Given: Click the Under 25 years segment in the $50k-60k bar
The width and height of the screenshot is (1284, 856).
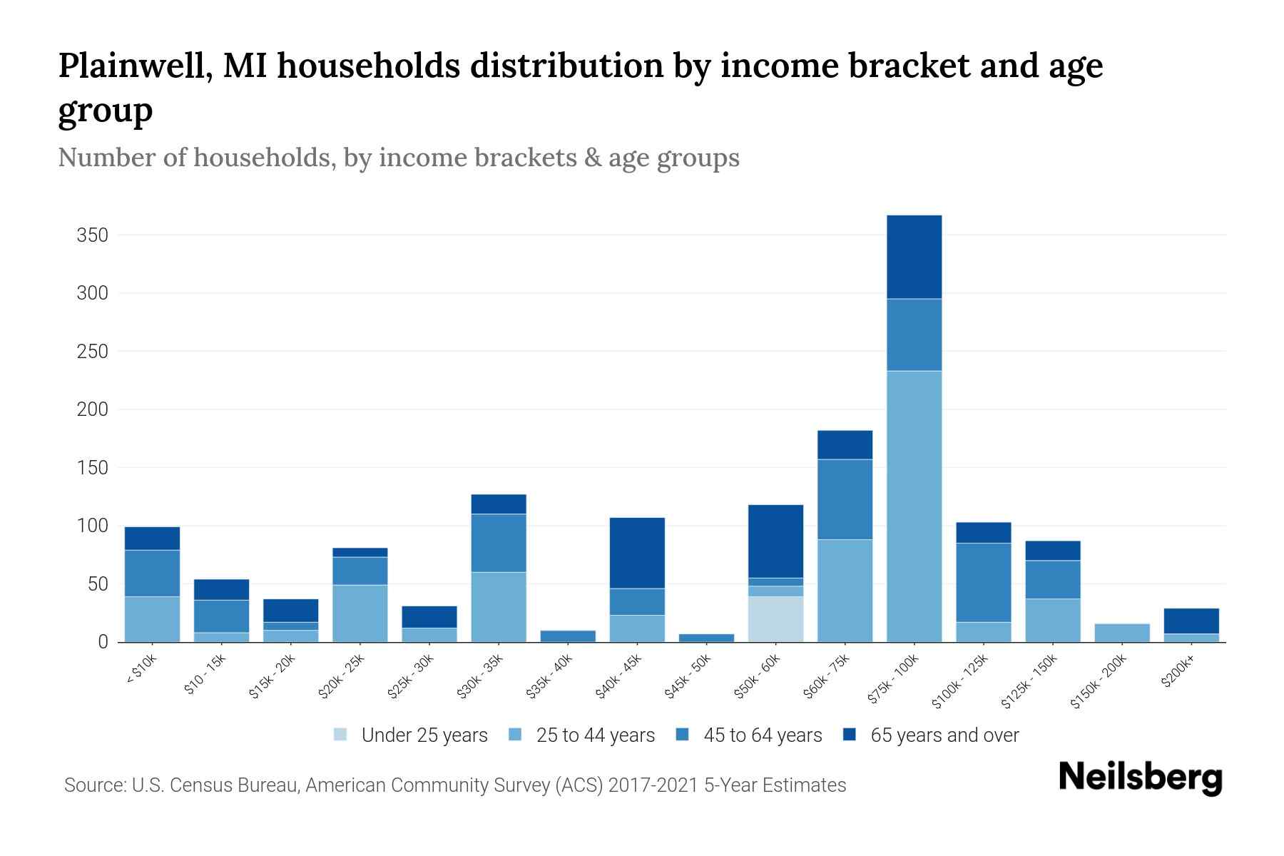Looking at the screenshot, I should pos(775,619).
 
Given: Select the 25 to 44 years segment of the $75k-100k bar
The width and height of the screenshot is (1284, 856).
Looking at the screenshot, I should pos(914,506).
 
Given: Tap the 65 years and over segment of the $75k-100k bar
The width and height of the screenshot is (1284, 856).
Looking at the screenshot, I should pos(914,257).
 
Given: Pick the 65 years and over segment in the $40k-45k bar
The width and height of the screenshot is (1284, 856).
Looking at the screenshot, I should pos(637,553).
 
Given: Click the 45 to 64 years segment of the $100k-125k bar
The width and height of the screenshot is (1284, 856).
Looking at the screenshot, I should pos(983,583).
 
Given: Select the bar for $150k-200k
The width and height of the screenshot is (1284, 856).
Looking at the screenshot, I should pos(1121,633).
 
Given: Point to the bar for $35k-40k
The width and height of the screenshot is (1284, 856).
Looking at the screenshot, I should pos(568,636).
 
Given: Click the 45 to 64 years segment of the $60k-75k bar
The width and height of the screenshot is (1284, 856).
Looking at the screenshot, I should pos(845,499).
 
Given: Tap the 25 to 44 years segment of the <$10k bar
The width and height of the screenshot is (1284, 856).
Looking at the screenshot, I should pos(152,619).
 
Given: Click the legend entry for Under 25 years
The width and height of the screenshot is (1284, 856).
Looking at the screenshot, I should pos(411,735).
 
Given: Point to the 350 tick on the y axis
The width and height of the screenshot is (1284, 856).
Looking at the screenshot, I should pos(92,235).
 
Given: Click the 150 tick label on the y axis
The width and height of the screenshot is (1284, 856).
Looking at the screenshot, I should pos(92,468).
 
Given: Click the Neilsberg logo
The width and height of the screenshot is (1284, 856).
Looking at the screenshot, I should pos(1140,778).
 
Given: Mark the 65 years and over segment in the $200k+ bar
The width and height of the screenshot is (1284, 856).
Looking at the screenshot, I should pos(1191,621).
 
